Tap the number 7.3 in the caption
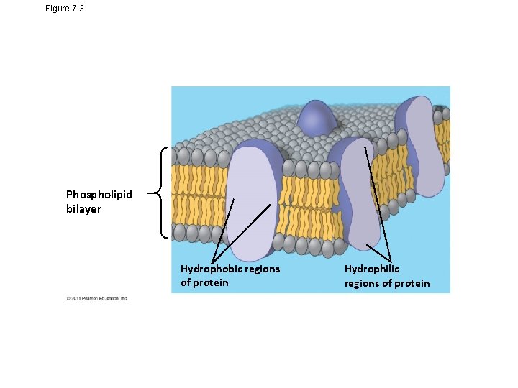tap(79, 8)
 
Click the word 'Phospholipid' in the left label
tap(99, 195)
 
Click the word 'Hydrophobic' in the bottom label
tap(212, 269)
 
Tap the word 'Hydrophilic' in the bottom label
tap(371, 269)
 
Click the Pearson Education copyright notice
tap(97, 298)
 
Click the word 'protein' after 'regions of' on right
tap(412, 283)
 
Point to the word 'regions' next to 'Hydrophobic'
tap(262, 269)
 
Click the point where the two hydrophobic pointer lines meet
tap(212, 263)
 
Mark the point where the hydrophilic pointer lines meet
tap(390, 262)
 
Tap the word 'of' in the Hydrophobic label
tap(186, 282)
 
